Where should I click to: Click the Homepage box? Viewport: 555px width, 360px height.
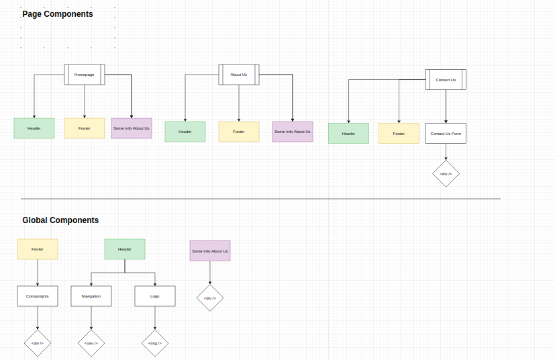[85, 75]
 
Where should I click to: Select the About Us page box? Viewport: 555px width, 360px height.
[239, 75]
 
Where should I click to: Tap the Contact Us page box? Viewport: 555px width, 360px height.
[446, 80]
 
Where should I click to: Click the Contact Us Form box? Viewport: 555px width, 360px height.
[446, 133]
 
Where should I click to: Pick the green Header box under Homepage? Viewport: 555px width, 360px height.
[34, 128]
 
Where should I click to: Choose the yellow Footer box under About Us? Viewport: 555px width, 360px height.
[239, 132]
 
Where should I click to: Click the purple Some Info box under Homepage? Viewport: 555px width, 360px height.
[132, 128]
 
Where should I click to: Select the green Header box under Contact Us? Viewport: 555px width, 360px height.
[348, 133]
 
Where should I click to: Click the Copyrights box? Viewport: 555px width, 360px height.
[38, 296]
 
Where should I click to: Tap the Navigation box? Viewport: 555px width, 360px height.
[91, 296]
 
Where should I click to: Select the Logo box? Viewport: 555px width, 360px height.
[155, 296]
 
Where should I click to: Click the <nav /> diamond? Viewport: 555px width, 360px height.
[91, 343]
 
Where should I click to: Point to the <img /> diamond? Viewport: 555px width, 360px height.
[155, 343]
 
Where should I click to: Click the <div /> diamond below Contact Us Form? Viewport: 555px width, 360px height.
[446, 173]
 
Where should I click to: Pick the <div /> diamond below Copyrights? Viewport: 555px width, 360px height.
[38, 343]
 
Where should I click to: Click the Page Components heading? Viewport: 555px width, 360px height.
[58, 14]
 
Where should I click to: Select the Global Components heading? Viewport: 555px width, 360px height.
[60, 220]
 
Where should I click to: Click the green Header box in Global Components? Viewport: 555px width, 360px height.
[125, 249]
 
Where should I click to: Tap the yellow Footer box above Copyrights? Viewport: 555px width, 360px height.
[38, 249]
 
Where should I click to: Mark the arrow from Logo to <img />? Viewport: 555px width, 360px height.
[155, 318]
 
